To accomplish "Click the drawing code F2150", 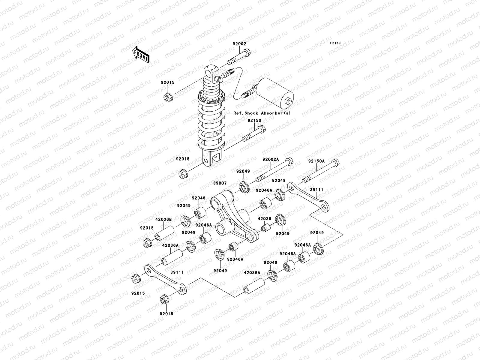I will [336, 43].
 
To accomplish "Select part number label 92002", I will [239, 44].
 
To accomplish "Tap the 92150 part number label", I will [254, 121].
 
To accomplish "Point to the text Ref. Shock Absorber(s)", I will [262, 113].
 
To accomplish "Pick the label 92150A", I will [316, 161].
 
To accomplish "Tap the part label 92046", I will [199, 198].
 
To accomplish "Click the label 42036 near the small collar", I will [265, 219].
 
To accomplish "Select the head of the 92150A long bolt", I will [336, 163].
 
